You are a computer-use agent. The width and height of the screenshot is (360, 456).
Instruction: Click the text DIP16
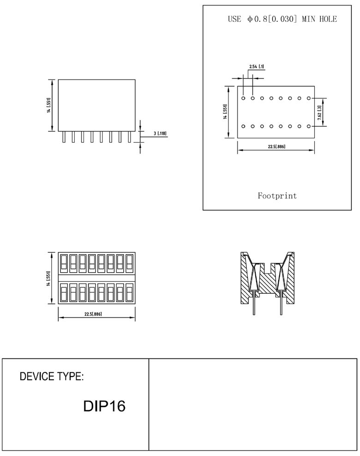[104, 407]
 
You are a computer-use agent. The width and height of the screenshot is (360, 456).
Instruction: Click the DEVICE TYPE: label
[52, 377]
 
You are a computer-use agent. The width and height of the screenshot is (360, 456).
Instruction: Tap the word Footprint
[277, 196]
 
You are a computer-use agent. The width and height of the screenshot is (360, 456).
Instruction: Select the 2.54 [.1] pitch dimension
[257, 67]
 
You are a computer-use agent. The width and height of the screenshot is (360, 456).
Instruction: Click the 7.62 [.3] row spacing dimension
[320, 112]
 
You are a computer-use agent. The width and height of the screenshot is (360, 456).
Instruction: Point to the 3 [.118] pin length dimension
[160, 134]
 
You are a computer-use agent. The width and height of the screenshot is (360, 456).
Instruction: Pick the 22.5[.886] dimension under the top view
[93, 314]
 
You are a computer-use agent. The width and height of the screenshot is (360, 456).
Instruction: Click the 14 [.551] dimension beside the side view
[48, 105]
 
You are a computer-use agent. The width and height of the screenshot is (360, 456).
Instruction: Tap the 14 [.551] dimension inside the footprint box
[225, 112]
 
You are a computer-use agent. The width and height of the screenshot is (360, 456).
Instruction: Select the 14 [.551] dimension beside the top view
[48, 278]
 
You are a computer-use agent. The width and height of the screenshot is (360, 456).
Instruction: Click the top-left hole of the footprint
[244, 98]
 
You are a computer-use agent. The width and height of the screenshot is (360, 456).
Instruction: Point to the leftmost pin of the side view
[64, 137]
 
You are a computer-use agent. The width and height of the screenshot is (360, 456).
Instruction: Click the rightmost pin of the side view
[130, 137]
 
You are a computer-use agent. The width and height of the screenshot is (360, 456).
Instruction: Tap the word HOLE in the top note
[327, 19]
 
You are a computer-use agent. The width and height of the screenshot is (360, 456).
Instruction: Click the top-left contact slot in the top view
[64, 264]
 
